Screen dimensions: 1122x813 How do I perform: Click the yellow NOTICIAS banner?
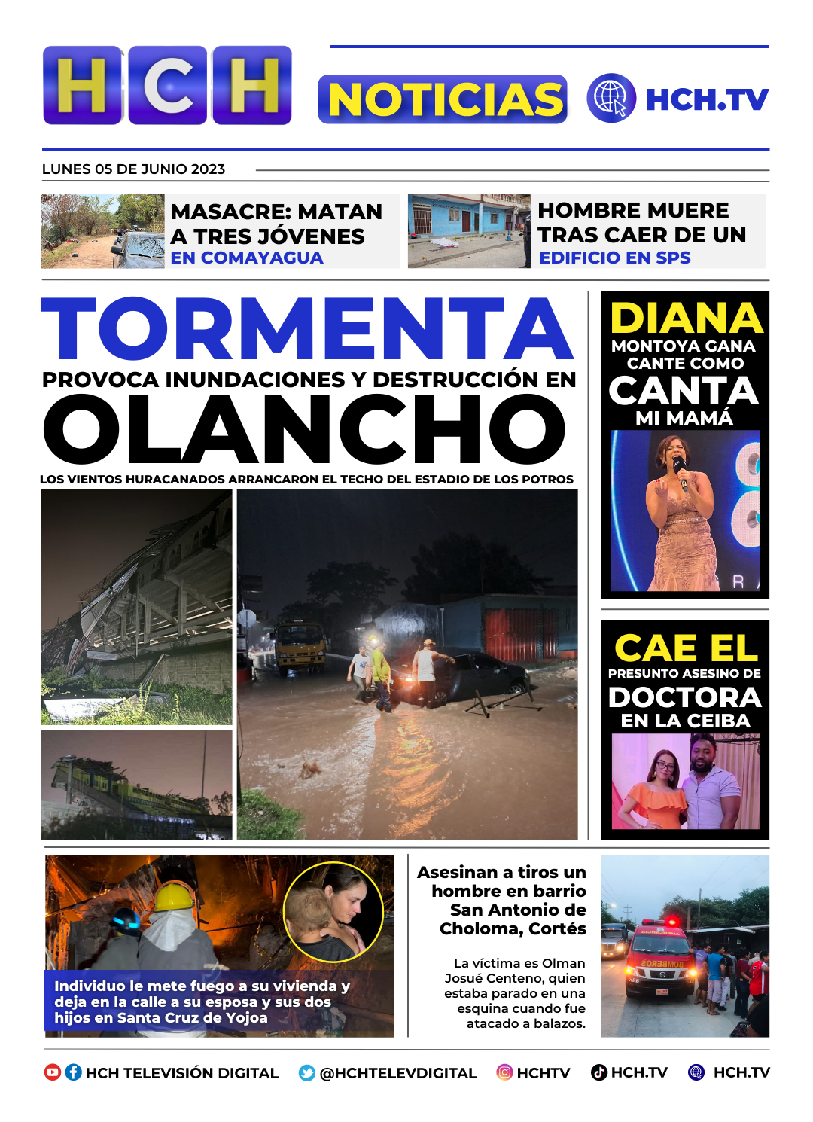(443, 99)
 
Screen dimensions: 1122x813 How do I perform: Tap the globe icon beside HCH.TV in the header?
(611, 98)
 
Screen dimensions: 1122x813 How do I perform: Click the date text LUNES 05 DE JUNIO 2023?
(133, 169)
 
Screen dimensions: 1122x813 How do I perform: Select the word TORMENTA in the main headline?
(307, 329)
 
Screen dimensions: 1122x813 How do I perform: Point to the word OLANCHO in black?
(304, 430)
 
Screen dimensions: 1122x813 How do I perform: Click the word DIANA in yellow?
(686, 319)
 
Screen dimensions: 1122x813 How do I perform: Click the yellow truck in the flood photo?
(300, 644)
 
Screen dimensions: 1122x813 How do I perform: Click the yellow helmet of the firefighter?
(175, 896)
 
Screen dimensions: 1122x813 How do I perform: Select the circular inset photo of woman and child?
(333, 911)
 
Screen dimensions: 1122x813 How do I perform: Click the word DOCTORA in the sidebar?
(685, 697)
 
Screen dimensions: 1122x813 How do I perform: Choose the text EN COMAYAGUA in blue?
(247, 258)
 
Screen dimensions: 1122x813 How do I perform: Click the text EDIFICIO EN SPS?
(615, 258)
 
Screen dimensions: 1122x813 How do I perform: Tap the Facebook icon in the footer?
(73, 1072)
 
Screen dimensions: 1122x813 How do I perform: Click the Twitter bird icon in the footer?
(307, 1073)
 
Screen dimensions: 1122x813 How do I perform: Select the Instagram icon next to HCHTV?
(504, 1072)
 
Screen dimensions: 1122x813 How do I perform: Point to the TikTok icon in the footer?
(599, 1072)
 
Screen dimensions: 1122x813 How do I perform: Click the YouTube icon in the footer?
(53, 1072)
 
